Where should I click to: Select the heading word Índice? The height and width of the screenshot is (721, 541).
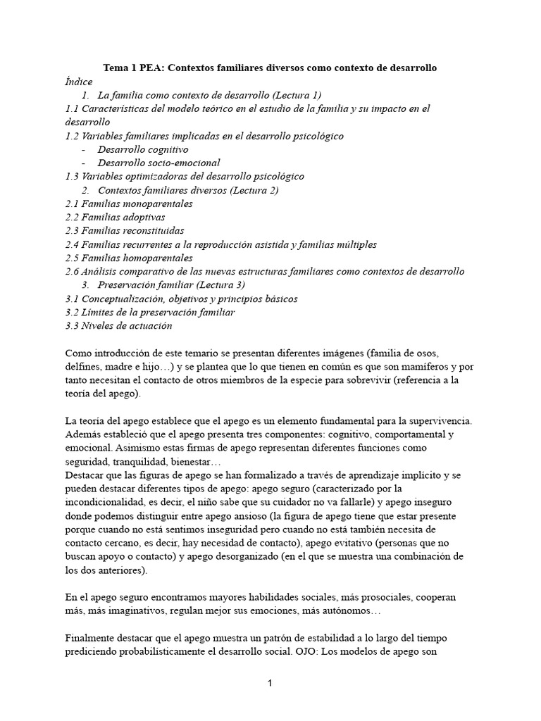tap(79, 82)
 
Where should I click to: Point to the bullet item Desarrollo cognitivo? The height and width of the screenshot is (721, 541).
tap(143, 149)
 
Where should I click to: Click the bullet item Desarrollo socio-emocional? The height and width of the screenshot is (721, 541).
tap(158, 163)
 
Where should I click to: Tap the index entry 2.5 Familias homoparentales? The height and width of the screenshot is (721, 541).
tap(128, 258)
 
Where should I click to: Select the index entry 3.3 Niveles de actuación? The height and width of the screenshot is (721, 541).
tap(118, 325)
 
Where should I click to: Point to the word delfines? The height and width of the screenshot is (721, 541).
tap(83, 367)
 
